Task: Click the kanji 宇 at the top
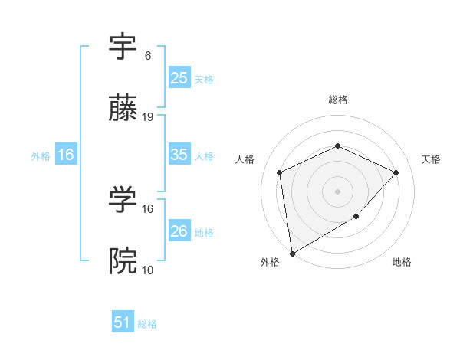(x=123, y=49)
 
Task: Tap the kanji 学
(x=123, y=200)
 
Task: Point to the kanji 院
(x=123, y=261)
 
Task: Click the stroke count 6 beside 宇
(x=147, y=55)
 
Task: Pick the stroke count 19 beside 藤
(x=149, y=116)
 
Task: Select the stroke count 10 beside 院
(x=149, y=270)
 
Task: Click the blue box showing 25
(x=179, y=77)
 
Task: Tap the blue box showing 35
(x=179, y=155)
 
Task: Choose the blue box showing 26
(x=179, y=231)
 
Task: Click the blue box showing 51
(x=123, y=322)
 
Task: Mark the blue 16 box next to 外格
(x=66, y=155)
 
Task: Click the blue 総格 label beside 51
(x=147, y=324)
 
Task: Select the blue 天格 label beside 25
(x=204, y=79)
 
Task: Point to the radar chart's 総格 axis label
(x=338, y=100)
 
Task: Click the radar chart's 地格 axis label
(x=402, y=262)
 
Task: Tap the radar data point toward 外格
(x=292, y=253)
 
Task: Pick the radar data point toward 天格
(x=396, y=172)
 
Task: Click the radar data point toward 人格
(x=280, y=172)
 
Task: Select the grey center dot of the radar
(x=338, y=191)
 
